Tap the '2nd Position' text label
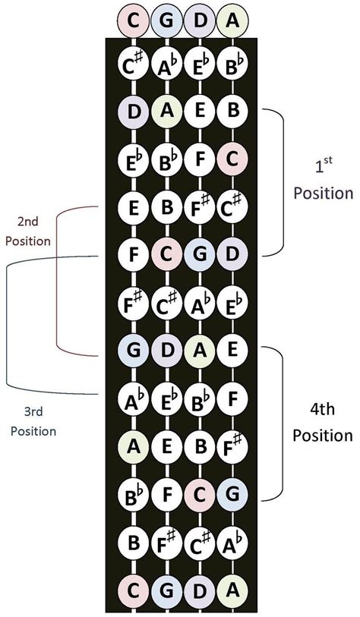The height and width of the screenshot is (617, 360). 27,231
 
